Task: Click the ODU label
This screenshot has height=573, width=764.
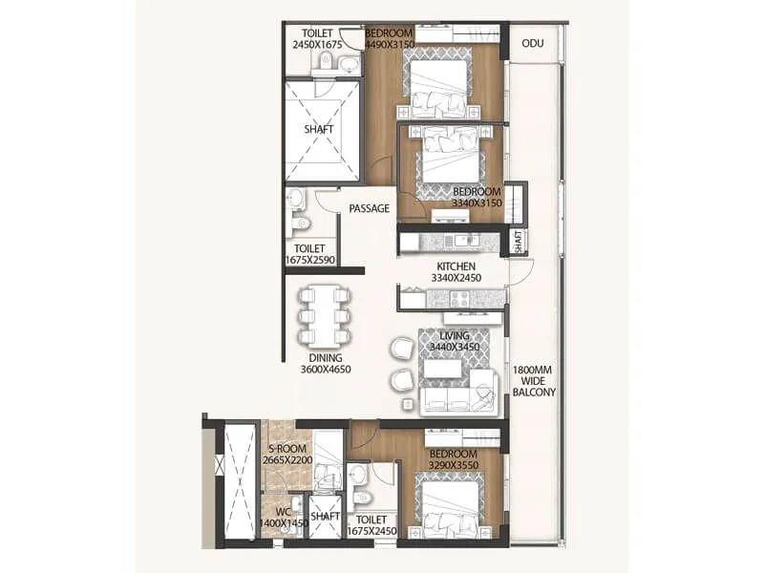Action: click(x=532, y=42)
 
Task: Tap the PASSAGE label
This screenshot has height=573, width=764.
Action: click(x=369, y=208)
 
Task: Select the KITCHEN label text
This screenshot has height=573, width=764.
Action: click(x=456, y=266)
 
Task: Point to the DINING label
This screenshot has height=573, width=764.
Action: click(x=326, y=357)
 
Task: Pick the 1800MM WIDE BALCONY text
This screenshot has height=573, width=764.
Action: click(x=534, y=380)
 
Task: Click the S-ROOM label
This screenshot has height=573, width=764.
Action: click(x=286, y=449)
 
